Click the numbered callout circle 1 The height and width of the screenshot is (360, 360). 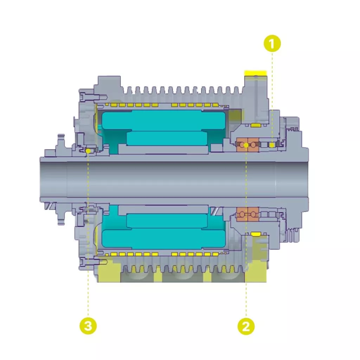272,43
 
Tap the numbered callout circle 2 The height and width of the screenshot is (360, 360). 246,326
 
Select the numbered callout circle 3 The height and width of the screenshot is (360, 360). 88,326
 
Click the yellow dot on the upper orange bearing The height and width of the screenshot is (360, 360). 246,145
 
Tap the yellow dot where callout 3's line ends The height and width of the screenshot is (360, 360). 88,151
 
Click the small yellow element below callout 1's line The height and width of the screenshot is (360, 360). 272,145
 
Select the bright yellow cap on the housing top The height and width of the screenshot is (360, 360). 256,73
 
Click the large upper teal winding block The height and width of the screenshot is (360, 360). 164,120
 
